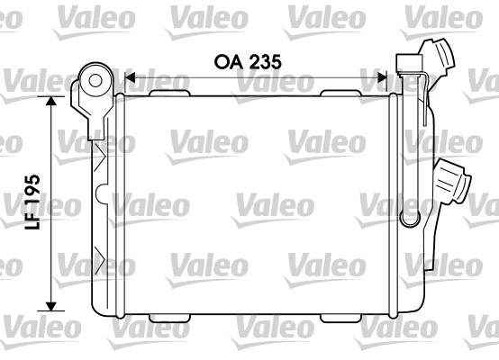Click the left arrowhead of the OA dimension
(x=128, y=78)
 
